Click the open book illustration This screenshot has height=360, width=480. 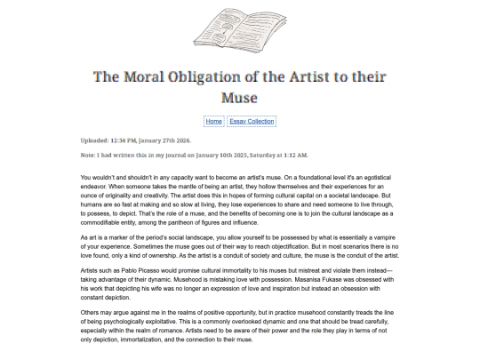(239, 28)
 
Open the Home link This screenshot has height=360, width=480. (213, 120)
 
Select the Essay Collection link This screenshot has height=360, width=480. (252, 120)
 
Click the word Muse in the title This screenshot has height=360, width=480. (239, 95)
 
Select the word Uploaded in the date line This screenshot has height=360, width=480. (92, 140)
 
